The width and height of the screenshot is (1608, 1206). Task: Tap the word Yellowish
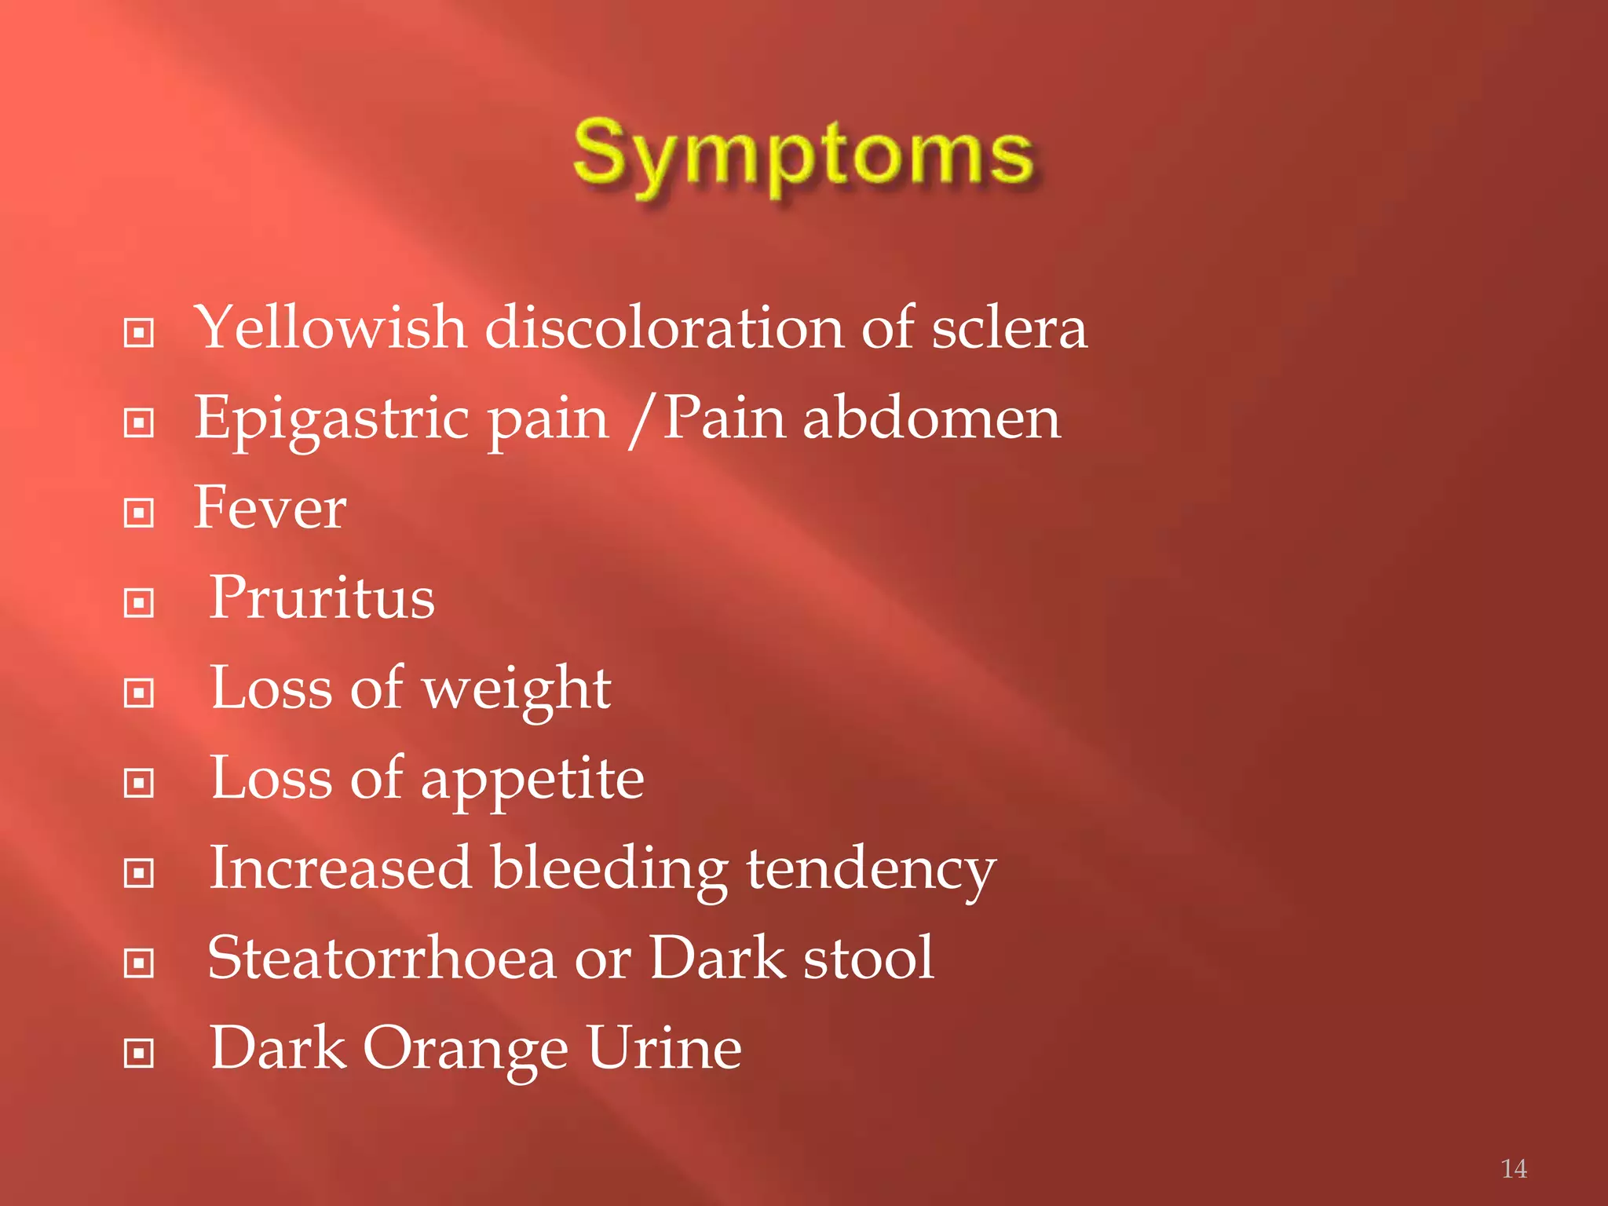coord(330,327)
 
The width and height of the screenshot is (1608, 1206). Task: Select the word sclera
coord(1009,327)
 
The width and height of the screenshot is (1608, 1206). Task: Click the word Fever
coord(269,508)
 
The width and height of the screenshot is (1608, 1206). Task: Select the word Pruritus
coord(322,598)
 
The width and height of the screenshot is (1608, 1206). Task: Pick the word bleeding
coord(609,870)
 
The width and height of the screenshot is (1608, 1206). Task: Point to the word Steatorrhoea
coord(382,959)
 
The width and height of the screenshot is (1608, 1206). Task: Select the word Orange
coord(465,1050)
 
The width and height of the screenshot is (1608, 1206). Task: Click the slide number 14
coord(1513,1169)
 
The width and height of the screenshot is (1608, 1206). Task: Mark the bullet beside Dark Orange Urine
coord(139,1054)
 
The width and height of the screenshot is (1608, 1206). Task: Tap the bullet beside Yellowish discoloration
coord(139,334)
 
